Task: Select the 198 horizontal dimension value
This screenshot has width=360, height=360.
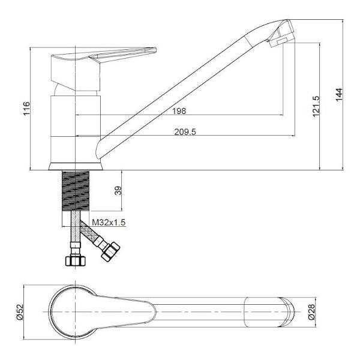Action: point(179,111)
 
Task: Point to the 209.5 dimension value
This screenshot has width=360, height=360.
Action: point(185,132)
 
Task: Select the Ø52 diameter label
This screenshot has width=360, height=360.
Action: point(20,312)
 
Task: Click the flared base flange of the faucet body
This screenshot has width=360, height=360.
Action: point(75,166)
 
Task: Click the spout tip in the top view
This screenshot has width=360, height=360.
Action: point(287,312)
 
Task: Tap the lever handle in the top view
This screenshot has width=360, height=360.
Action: point(129,312)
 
